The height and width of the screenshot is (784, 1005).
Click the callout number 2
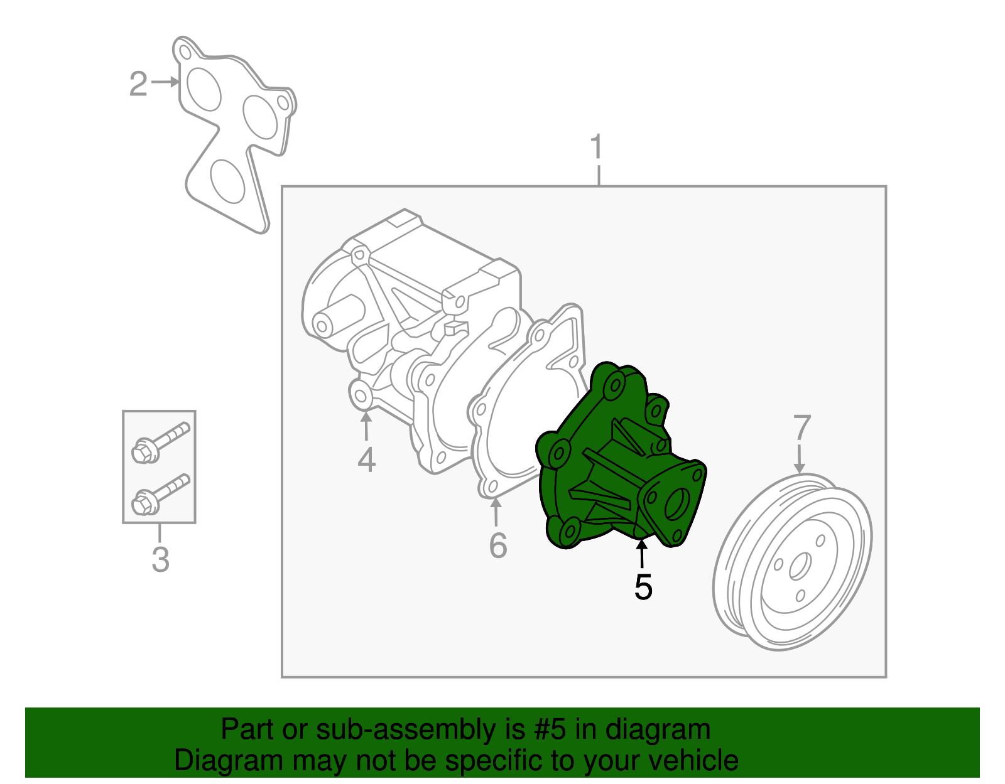click(138, 84)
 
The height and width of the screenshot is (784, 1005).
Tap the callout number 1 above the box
click(597, 146)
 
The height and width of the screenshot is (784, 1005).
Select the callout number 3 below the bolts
click(160, 559)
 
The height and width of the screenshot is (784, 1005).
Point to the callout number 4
click(366, 459)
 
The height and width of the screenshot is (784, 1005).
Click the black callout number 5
click(643, 587)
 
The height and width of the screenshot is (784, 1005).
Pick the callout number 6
click(498, 545)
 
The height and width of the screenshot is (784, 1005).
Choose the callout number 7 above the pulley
click(802, 427)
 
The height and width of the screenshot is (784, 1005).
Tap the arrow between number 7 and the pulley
click(799, 459)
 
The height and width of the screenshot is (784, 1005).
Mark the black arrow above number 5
click(641, 554)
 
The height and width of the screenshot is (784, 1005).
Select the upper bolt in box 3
click(160, 443)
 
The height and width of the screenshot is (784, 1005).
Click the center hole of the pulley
click(800, 566)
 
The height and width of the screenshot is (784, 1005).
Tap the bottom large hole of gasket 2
click(227, 181)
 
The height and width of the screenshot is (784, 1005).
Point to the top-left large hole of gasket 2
click(204, 89)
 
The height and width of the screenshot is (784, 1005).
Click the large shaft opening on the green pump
click(677, 504)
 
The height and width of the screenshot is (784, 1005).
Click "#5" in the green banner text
click(550, 729)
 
